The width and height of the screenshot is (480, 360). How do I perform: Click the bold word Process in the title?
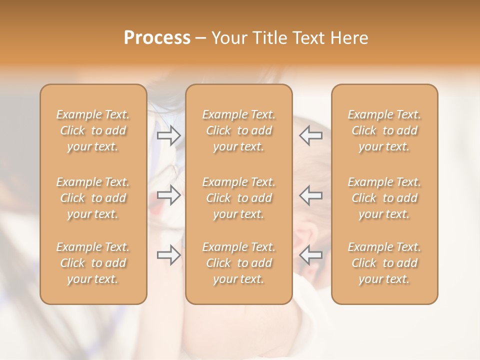pos(157,38)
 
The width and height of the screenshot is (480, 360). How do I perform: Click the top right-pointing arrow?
pos(168,135)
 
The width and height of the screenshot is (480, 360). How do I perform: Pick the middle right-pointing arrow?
pos(168,195)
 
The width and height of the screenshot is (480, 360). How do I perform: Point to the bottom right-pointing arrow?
pos(168,255)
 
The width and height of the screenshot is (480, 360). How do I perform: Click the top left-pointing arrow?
pos(311,135)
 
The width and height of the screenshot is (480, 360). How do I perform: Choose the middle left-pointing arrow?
pos(311,195)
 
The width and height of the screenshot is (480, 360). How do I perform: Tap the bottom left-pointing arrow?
pos(311,255)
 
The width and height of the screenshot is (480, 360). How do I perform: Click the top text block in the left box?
pos(93,130)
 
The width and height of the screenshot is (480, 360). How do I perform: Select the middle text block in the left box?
pos(93,198)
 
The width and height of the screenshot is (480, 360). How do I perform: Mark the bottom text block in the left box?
pos(93,263)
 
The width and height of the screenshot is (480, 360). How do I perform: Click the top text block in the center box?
pos(238,130)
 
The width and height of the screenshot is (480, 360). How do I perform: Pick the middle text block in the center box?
pos(238,198)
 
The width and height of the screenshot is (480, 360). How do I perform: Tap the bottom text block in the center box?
pos(238,263)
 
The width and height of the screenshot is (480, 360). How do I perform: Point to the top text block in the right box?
pos(384,130)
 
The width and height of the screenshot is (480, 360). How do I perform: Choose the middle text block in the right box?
pos(384,198)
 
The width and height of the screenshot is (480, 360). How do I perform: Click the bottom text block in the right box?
pos(384,263)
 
